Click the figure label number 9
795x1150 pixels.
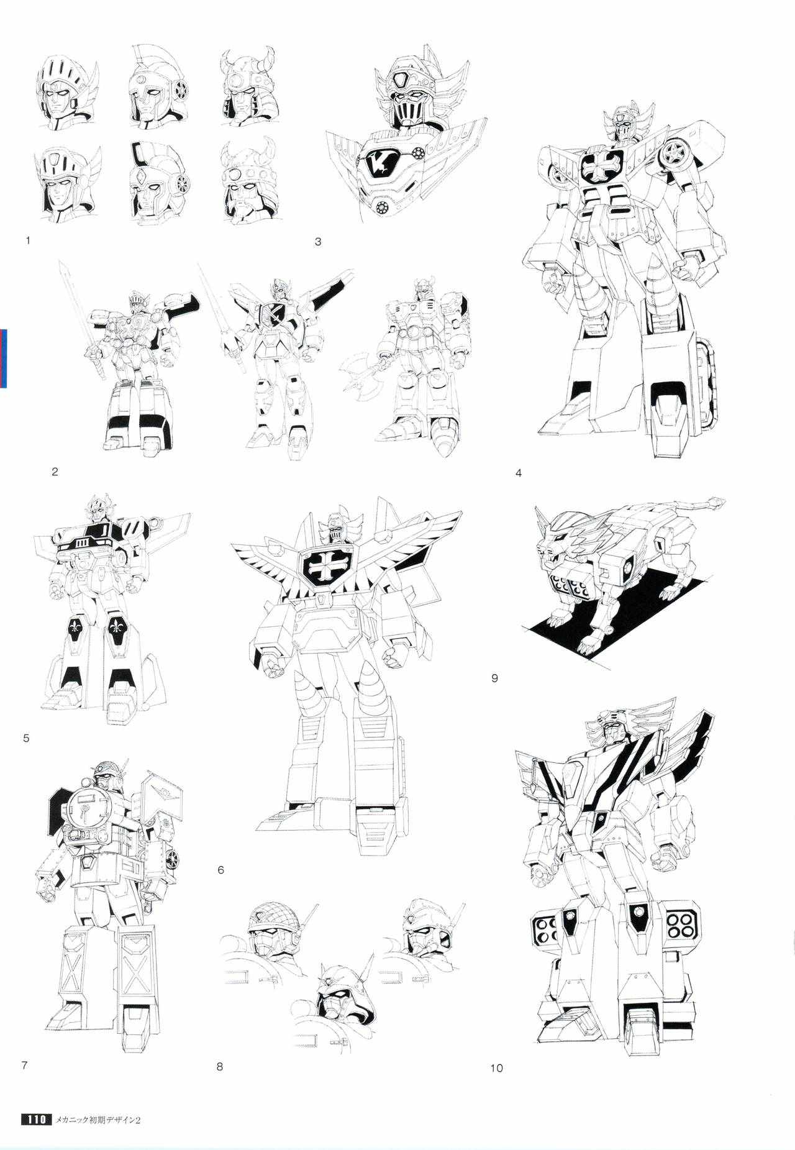pyautogui.click(x=494, y=678)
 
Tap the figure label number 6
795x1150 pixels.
pyautogui.click(x=220, y=870)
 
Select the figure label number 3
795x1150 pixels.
pyautogui.click(x=318, y=242)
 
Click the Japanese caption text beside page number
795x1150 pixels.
pyautogui.click(x=100, y=1103)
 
